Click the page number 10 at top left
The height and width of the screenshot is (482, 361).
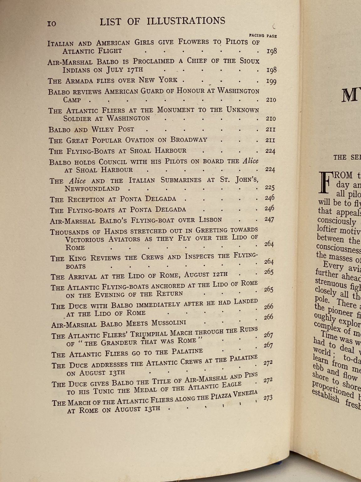tap(52, 24)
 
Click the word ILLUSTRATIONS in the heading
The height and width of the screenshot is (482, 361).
tap(186, 21)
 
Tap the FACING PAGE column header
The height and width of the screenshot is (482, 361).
tap(263, 36)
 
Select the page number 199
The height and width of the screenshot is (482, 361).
tap(271, 81)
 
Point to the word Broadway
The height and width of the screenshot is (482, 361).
tap(189, 140)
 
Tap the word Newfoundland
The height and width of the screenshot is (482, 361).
tap(92, 189)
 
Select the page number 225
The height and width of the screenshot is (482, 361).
tap(270, 188)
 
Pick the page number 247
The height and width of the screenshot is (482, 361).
tap(269, 219)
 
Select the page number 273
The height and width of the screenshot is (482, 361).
tap(268, 398)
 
